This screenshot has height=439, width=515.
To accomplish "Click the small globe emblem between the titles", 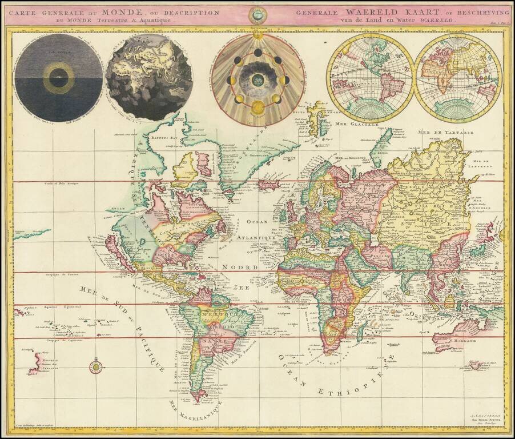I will [x=258, y=15].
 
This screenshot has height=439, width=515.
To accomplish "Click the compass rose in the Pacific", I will [x=96, y=366].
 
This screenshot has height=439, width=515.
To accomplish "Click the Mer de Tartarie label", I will [x=437, y=132].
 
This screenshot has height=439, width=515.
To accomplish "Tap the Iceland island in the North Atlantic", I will [x=269, y=185].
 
